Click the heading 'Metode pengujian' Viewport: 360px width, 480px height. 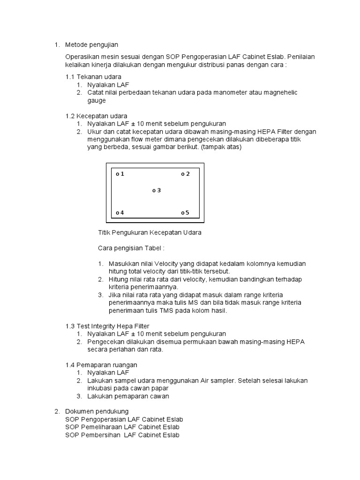point(91,45)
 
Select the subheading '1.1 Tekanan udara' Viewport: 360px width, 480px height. point(93,76)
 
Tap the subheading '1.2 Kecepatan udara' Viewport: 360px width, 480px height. point(96,116)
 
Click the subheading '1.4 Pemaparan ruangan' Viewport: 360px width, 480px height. point(101,365)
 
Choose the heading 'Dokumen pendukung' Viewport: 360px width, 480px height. point(97,411)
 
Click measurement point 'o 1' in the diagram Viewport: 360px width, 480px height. point(120,174)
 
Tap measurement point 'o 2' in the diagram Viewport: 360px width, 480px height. point(186,174)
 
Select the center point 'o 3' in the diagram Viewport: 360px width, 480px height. point(157,190)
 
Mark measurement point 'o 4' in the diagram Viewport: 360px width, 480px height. point(120,213)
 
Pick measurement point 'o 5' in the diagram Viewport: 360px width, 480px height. point(185,213)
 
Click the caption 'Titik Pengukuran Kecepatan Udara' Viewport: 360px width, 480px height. point(150,232)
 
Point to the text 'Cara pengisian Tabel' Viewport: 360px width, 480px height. point(131,248)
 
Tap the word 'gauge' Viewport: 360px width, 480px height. point(97,100)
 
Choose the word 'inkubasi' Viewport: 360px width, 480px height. point(100,388)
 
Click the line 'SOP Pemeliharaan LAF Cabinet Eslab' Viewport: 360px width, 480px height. point(122,427)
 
